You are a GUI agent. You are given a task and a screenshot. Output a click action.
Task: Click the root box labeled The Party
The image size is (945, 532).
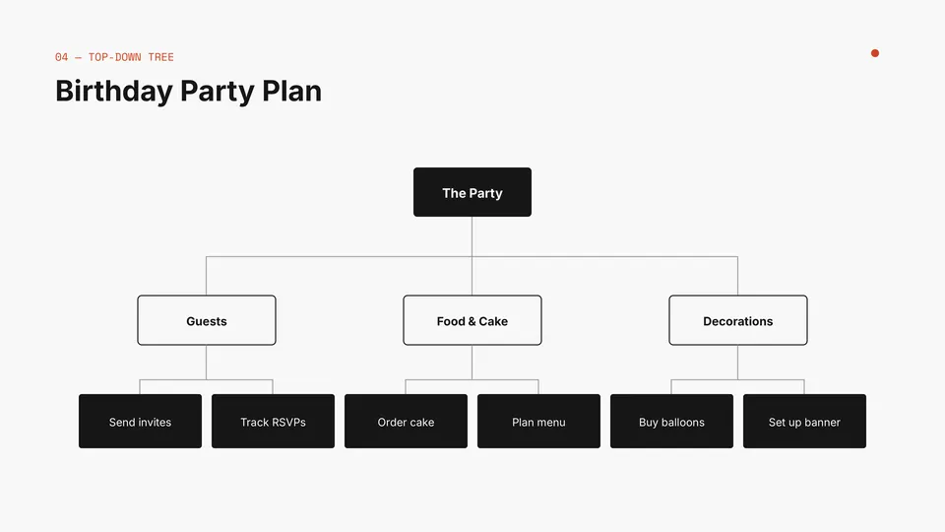pyautogui.click(x=472, y=192)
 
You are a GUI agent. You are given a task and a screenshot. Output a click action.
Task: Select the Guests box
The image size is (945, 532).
pyautogui.click(x=207, y=320)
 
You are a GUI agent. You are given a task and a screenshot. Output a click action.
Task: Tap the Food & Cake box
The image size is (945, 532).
pyautogui.click(x=472, y=320)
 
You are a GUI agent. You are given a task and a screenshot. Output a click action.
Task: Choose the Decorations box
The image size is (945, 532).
pyautogui.click(x=738, y=320)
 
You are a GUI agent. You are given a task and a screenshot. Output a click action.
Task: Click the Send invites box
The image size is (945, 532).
pyautogui.click(x=141, y=421)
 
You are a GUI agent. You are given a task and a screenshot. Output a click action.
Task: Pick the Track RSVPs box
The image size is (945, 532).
pyautogui.click(x=273, y=421)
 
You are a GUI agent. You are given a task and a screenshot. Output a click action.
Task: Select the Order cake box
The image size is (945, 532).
pyautogui.click(x=407, y=421)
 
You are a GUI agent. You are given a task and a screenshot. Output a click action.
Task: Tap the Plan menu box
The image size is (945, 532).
pyautogui.click(x=538, y=421)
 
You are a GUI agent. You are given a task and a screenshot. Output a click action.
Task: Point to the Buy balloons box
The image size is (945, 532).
pyautogui.click(x=672, y=421)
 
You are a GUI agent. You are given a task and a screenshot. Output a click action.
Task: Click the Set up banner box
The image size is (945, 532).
pyautogui.click(x=804, y=421)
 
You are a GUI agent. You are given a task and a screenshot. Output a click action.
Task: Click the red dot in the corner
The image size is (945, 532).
pyautogui.click(x=875, y=53)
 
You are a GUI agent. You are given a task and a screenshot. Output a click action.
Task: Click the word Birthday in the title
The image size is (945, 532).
pyautogui.click(x=114, y=92)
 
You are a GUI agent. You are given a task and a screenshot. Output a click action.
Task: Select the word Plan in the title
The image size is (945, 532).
pyautogui.click(x=291, y=91)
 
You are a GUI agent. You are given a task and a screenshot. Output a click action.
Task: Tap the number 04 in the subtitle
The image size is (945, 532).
pyautogui.click(x=61, y=57)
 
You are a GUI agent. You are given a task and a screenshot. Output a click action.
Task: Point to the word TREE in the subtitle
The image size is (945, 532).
pyautogui.click(x=160, y=57)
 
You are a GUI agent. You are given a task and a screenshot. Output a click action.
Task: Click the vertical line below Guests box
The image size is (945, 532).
pyautogui.click(x=206, y=363)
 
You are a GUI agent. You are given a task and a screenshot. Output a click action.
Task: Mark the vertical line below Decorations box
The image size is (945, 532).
pyautogui.click(x=737, y=363)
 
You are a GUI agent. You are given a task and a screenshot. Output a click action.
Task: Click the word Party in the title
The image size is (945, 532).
pyautogui.click(x=217, y=92)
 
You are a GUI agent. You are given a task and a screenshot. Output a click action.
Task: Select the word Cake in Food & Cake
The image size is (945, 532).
pyautogui.click(x=493, y=321)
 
